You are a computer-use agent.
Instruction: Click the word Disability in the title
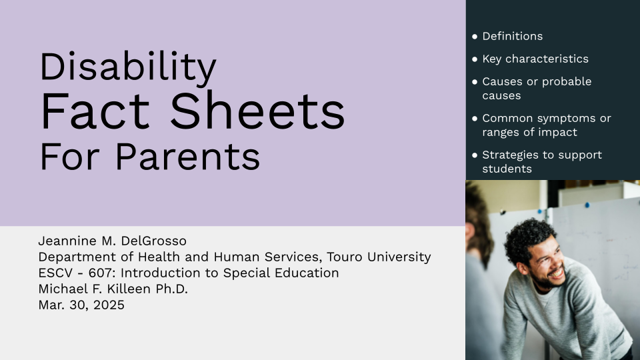(x=128, y=67)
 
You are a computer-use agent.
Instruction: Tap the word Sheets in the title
(x=257, y=111)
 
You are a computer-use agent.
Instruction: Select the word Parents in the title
(x=188, y=157)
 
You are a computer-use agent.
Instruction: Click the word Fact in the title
(x=95, y=111)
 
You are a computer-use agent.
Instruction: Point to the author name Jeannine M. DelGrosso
(x=112, y=241)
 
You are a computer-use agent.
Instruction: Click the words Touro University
(x=379, y=257)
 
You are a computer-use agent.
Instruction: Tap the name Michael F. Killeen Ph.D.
(x=113, y=289)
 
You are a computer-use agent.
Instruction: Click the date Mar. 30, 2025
(x=81, y=305)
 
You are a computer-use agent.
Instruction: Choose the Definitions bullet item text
(x=512, y=36)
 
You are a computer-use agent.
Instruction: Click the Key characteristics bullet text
(x=535, y=59)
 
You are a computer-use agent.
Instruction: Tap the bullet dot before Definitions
(x=474, y=36)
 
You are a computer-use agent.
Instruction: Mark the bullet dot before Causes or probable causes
(x=474, y=81)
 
